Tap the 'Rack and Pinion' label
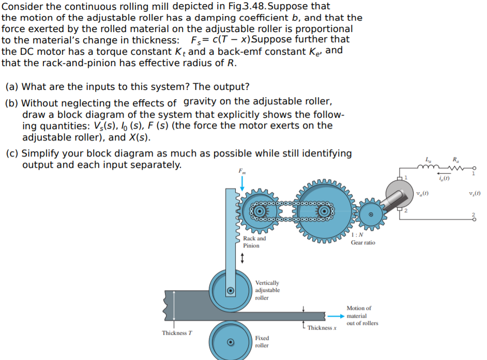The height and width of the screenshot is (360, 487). click(x=254, y=242)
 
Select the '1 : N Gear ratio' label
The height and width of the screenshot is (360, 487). click(x=363, y=239)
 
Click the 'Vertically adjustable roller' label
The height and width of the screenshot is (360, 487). click(x=267, y=290)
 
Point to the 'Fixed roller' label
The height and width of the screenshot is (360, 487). click(x=262, y=341)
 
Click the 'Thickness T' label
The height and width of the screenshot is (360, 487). click(x=177, y=333)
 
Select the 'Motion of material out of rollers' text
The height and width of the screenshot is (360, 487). click(x=362, y=316)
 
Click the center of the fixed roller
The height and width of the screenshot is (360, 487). click(x=231, y=341)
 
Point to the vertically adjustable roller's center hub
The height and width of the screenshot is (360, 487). click(x=231, y=290)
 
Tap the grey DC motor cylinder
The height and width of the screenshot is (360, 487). click(x=399, y=195)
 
